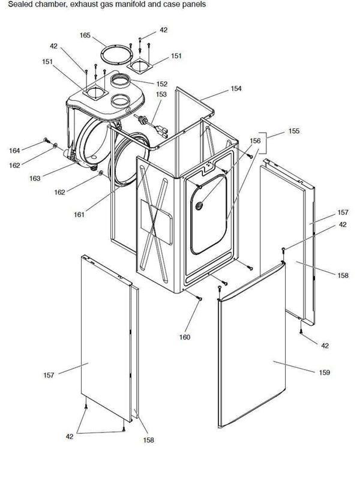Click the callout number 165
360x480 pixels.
85,36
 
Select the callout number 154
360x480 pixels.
236,89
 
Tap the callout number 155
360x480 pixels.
294,130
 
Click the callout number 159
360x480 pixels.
324,373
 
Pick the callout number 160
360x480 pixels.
184,337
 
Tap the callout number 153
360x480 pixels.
161,94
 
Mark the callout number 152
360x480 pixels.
161,84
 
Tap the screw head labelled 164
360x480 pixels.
46,140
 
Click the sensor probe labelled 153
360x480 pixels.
148,122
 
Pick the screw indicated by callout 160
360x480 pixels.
199,299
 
